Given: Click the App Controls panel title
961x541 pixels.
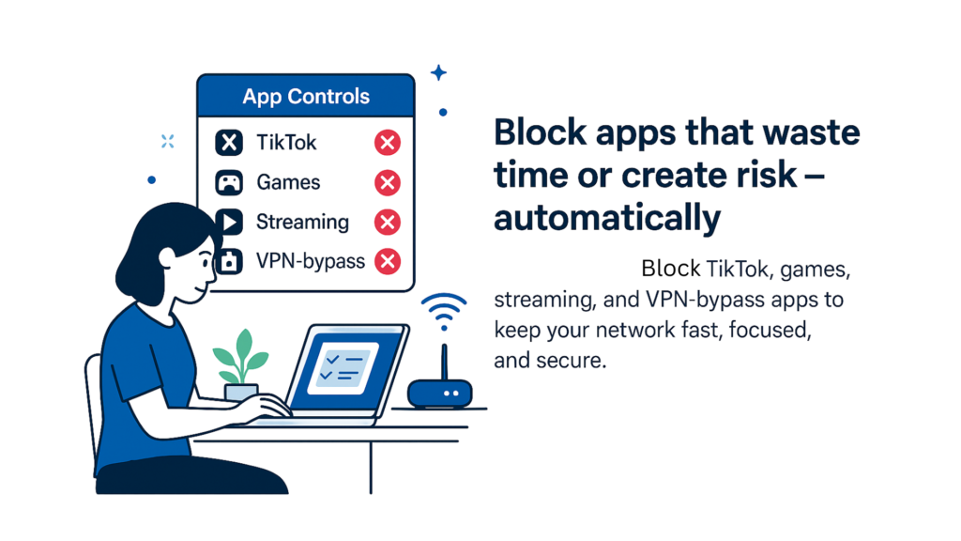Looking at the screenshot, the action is [306, 97].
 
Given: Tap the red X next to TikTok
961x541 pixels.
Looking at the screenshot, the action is [388, 143].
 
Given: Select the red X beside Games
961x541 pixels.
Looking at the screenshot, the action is [388, 183].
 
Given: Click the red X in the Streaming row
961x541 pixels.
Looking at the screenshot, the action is [388, 222].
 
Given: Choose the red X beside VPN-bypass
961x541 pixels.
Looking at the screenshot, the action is [388, 262].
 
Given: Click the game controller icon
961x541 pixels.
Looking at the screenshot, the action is [229, 183].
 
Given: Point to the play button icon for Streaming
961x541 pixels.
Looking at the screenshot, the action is [230, 222].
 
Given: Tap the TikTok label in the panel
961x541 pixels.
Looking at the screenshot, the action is [286, 143].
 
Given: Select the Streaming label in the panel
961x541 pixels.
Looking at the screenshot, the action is [302, 222].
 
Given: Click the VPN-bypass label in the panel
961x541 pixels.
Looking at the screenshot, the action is [310, 262].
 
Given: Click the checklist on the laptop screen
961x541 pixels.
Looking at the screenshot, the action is [342, 367].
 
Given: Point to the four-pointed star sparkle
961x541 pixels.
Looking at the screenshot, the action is [438, 73].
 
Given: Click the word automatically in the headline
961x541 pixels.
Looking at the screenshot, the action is [607, 218].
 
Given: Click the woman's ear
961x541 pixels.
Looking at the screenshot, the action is [167, 257].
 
